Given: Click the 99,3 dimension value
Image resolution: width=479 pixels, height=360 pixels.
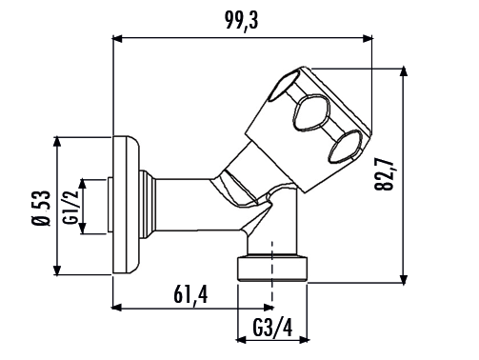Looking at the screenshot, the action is tap(242, 21).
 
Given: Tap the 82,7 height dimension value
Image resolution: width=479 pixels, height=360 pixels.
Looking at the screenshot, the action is tap(384, 174).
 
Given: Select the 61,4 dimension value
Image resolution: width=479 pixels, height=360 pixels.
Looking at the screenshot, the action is tap(190, 294).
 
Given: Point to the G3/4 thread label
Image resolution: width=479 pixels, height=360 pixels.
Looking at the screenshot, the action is tap(272, 328).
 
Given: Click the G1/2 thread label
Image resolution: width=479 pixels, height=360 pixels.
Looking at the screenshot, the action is tap(70, 207).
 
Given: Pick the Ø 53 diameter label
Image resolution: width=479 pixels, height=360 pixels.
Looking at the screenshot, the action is tap(41, 209).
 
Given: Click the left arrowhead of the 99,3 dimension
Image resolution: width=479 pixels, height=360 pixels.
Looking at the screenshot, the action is tap(117, 39).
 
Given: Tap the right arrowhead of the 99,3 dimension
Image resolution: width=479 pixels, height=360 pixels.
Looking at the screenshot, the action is tap(368, 39).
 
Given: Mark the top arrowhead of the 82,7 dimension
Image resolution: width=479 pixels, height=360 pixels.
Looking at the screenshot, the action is tap(403, 71).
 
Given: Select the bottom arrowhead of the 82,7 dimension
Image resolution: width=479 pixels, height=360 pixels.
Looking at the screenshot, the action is tap(403, 279).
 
